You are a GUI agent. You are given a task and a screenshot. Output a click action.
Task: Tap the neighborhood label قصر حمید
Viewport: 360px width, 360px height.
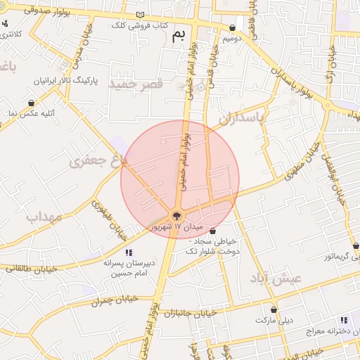135,83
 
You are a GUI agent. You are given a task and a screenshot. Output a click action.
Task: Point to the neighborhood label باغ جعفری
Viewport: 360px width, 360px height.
98,161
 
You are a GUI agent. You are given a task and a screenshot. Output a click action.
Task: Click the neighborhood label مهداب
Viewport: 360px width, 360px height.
44,217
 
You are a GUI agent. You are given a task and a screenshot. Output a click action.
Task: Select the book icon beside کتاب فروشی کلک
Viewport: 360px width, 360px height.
140,15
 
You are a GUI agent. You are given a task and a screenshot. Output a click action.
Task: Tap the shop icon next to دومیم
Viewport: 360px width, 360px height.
232,28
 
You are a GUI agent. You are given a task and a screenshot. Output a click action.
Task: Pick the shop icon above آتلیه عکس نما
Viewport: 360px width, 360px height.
31,103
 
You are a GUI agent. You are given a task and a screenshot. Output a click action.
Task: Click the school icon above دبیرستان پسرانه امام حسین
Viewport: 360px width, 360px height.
128,252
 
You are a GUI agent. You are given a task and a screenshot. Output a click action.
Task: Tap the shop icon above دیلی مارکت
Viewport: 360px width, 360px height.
274,309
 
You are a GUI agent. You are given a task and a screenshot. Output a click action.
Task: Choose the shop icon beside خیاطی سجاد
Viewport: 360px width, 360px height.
212,231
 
